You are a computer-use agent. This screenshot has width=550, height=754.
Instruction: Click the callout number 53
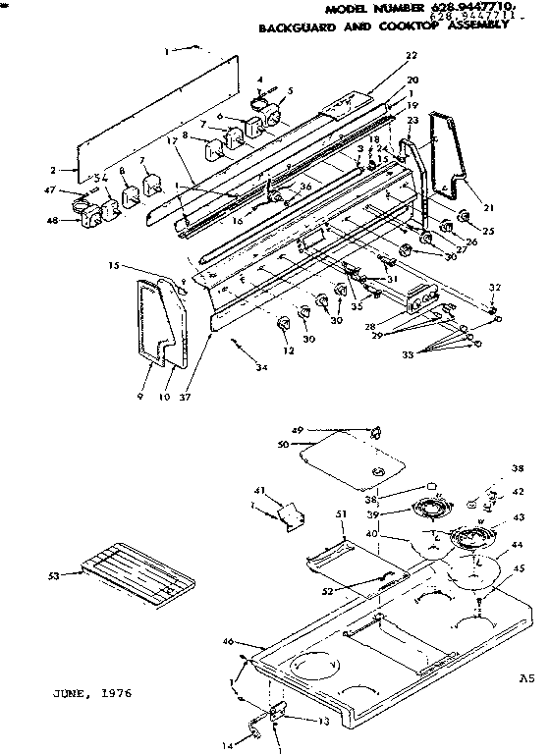click(58, 575)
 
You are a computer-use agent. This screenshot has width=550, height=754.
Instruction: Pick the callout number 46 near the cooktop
click(228, 641)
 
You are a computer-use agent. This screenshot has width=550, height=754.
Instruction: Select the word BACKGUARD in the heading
click(293, 28)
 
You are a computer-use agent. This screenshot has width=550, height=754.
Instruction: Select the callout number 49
click(297, 429)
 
